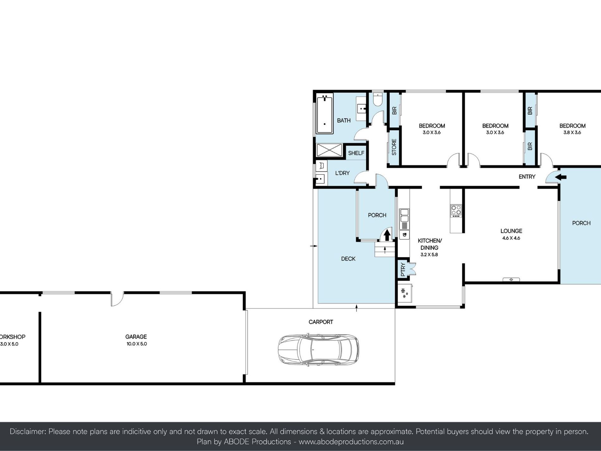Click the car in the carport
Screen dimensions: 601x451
pyautogui.click(x=318, y=350)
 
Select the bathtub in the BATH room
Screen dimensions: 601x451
pyautogui.click(x=325, y=113)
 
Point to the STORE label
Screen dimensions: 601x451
pyautogui.click(x=394, y=147)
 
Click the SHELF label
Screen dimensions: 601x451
pyautogui.click(x=356, y=153)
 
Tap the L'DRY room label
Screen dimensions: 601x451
pyautogui.click(x=342, y=173)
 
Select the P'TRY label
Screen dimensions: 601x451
pyautogui.click(x=403, y=270)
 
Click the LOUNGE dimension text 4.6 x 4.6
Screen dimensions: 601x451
pyautogui.click(x=511, y=238)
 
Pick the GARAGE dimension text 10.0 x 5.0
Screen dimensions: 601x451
pyautogui.click(x=137, y=344)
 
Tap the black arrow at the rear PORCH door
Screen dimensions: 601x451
pyautogui.click(x=387, y=235)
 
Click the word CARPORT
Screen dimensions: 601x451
pyautogui.click(x=321, y=322)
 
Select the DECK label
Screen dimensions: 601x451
pyautogui.click(x=348, y=259)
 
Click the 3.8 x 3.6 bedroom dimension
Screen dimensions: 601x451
pyautogui.click(x=572, y=132)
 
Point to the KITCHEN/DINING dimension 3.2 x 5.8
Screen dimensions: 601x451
pyautogui.click(x=429, y=254)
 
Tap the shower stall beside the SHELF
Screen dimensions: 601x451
pyautogui.click(x=329, y=150)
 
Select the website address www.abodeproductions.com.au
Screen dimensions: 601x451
pyautogui.click(x=351, y=442)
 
